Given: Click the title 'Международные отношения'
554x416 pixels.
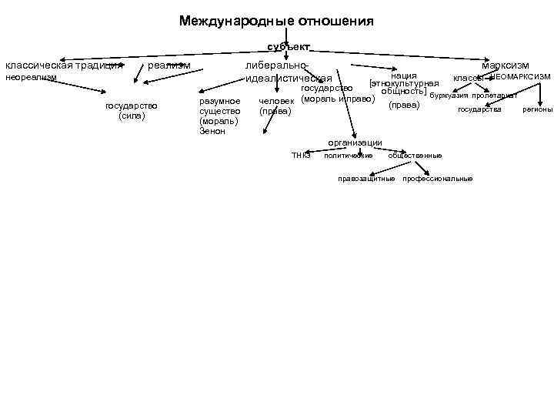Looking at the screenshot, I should pos(276,21).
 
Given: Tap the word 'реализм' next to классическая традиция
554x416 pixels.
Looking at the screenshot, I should pos(169,66).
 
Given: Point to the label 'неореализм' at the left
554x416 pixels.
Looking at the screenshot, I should pos(31,79).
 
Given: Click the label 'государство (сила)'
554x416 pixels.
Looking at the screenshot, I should pos(132,111).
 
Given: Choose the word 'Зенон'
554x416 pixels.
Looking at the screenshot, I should pos(212,131).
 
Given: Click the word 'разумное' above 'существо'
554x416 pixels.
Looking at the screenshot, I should pos(219,101).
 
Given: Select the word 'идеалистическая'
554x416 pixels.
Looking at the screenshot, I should pos(288,79).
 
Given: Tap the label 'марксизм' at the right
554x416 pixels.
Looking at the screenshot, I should pos(506,66).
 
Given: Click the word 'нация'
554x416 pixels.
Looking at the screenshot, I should pos(404,75).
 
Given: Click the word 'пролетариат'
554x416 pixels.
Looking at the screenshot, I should pos(494,96).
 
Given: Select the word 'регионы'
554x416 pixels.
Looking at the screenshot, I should pos(538,109).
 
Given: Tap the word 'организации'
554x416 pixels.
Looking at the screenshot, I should pos(355,143).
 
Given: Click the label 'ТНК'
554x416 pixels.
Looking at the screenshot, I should pos(300,156).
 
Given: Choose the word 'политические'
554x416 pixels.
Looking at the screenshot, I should pos(349,156).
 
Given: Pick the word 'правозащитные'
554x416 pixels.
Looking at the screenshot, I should pos(367,179).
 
